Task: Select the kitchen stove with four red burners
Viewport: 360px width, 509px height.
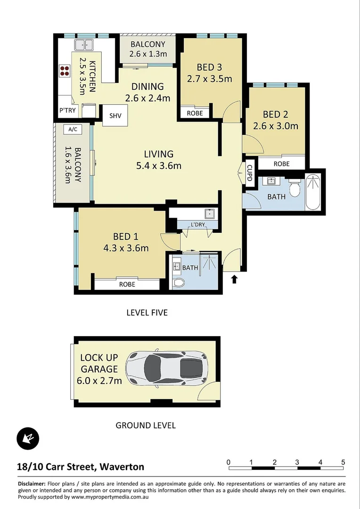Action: tap(64, 70)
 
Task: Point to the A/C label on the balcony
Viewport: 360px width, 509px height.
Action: tap(73, 129)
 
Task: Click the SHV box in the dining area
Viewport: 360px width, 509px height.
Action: tap(115, 116)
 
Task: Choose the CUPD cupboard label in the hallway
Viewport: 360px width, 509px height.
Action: tap(249, 172)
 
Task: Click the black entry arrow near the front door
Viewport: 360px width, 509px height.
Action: tap(235, 279)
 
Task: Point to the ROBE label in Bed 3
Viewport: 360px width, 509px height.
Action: tap(195, 113)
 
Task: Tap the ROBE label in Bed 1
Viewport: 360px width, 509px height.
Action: tap(127, 284)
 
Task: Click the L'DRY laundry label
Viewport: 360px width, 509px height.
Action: tap(198, 224)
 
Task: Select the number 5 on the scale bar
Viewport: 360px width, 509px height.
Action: tap(344, 462)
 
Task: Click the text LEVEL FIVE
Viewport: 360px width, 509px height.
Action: tap(147, 312)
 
